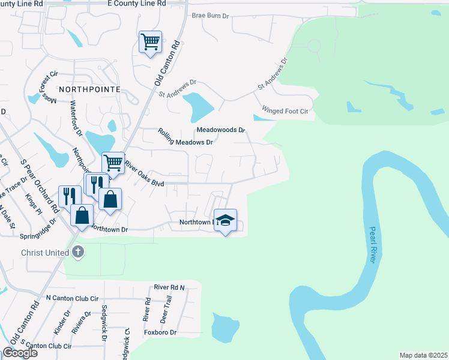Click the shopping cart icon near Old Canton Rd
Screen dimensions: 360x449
[x=150, y=42]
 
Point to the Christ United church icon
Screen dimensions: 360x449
[x=78, y=253]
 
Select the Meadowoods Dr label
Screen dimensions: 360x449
[x=221, y=130]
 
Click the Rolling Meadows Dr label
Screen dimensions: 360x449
[x=185, y=137]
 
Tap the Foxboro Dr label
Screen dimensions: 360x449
[x=161, y=332]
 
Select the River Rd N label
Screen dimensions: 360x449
[x=169, y=287]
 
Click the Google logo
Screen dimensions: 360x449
[x=20, y=352]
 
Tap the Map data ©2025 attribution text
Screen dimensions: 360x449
[x=423, y=355]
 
